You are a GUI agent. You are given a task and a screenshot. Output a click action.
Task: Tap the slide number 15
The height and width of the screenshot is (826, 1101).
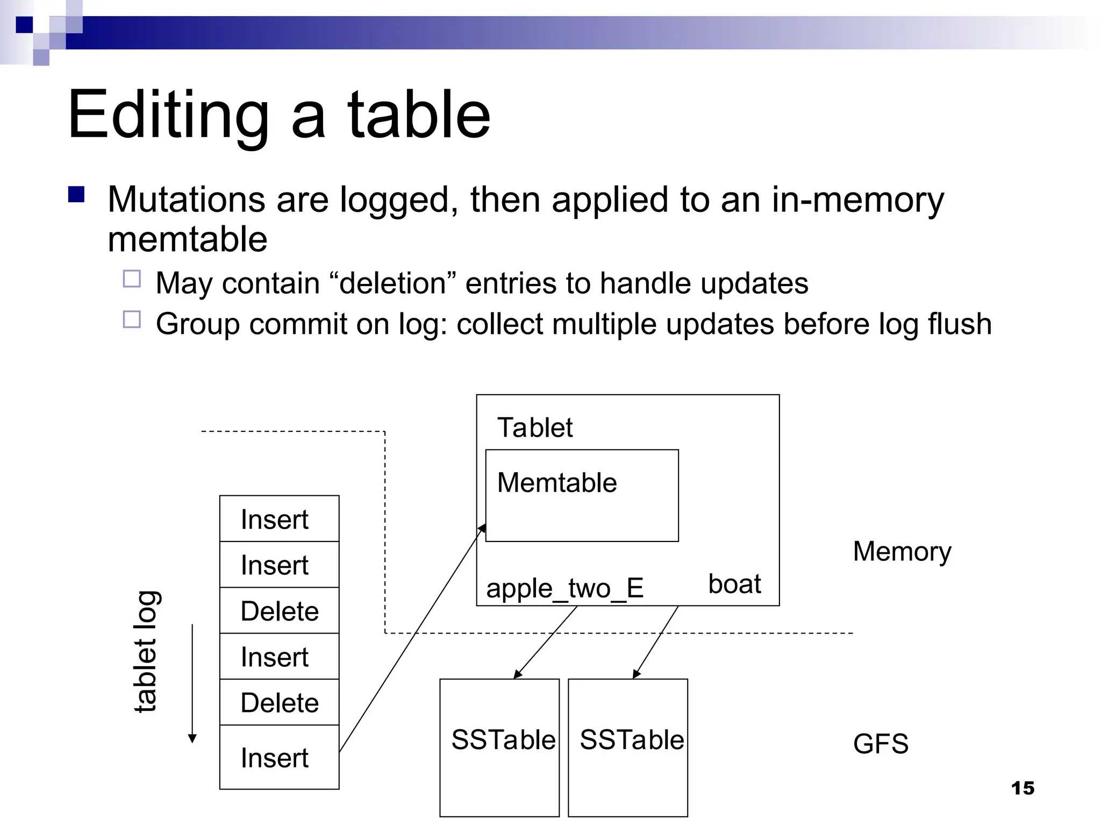1022,788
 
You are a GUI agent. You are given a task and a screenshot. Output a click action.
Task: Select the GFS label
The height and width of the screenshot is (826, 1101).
880,744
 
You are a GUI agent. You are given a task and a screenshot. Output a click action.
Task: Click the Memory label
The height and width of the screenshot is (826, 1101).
902,552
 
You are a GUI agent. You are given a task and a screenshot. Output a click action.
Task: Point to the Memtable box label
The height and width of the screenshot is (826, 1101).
556,482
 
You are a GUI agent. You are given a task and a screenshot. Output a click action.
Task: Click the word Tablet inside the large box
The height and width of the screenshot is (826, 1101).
535,428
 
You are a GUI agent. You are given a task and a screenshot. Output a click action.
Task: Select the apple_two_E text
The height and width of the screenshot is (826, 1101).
564,588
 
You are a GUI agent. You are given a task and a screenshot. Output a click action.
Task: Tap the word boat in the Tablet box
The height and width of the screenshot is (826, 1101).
734,584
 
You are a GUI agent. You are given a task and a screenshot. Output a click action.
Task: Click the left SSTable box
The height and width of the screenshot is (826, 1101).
499,747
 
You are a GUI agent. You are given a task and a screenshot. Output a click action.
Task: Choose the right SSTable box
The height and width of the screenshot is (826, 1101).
628,747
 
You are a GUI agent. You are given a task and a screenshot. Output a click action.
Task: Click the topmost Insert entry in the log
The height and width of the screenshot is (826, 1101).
279,519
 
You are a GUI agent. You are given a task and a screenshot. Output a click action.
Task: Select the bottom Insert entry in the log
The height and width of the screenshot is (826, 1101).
279,757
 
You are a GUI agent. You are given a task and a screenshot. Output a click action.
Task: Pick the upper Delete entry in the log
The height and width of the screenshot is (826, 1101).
279,611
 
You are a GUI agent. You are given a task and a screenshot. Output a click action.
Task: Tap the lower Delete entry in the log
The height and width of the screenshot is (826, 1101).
279,702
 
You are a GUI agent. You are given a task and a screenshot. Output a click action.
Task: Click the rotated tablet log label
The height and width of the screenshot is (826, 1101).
145,652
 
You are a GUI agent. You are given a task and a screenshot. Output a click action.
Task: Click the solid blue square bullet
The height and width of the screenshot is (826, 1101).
76,194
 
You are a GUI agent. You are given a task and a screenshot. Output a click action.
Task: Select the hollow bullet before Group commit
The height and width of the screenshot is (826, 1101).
132,319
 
